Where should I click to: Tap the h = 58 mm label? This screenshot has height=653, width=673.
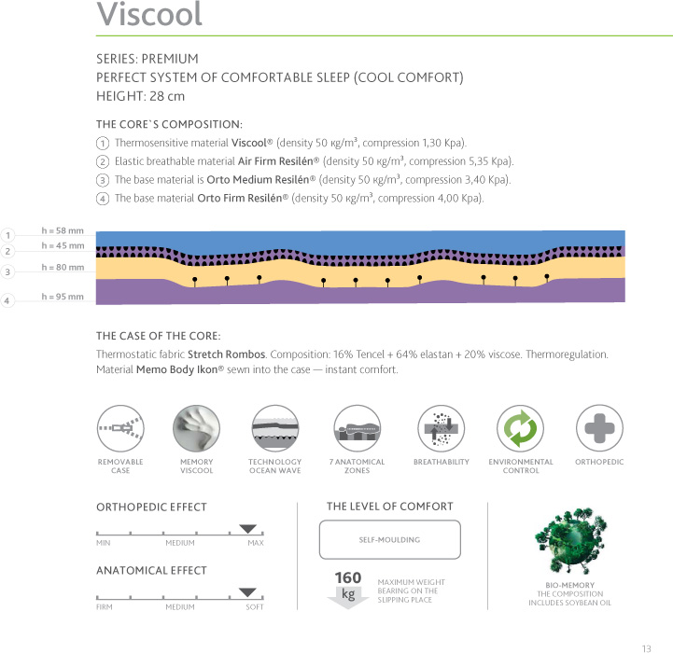coord(63,229)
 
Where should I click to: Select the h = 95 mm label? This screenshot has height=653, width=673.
coord(63,297)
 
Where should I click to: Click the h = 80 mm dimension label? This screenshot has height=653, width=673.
coord(63,268)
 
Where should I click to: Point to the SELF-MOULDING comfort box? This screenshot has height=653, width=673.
coord(390,540)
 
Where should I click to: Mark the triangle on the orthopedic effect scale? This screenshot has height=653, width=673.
coord(247,528)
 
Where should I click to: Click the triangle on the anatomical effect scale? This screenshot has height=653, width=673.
coord(247,591)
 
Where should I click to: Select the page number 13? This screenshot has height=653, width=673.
coord(646,647)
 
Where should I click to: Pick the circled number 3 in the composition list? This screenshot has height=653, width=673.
coord(101,179)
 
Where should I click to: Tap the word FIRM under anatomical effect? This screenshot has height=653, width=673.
coord(105,607)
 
